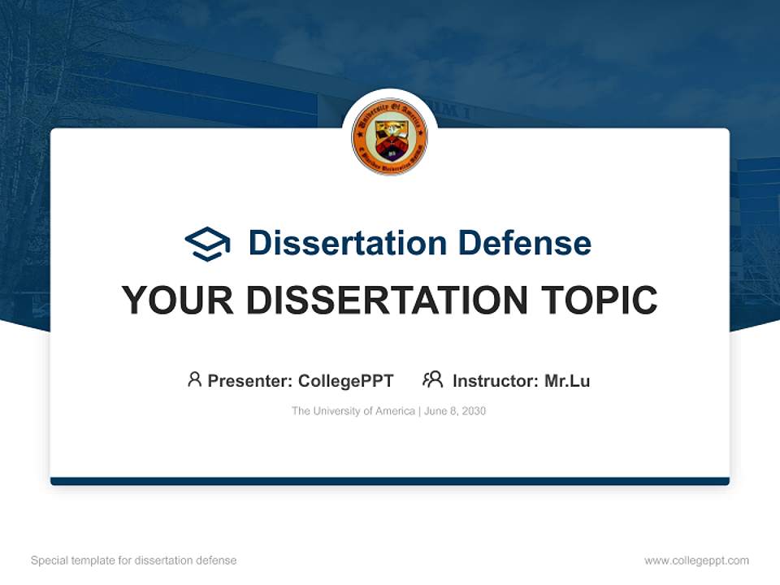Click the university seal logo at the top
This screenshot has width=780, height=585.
390,136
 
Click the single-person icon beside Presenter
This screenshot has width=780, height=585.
194,379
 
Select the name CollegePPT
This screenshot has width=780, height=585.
346,381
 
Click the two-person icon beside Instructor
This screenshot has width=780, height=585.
432,379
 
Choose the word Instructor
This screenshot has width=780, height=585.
495,381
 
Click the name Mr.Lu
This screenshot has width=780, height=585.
567,381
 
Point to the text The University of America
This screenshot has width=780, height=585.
353,411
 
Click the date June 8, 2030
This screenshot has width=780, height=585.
455,411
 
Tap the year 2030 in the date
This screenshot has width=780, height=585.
473,411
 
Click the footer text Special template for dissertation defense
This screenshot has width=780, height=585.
134,561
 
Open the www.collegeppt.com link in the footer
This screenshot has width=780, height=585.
696,561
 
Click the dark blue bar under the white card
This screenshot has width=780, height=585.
390,481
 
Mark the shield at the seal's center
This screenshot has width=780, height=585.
390,138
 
